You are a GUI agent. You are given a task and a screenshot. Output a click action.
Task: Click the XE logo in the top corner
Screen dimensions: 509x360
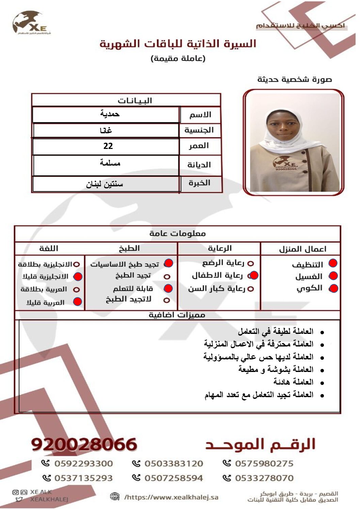tap(31, 23)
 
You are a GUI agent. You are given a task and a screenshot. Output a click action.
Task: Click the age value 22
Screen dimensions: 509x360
tap(108, 146)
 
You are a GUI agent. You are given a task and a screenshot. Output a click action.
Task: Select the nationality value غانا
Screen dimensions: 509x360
tap(106, 130)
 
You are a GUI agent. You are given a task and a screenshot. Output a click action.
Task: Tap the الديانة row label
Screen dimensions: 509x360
tap(199, 165)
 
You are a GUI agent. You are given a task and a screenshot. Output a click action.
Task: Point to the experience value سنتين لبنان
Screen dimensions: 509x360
tap(104, 184)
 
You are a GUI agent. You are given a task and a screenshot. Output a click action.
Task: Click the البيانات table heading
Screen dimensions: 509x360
tap(135, 101)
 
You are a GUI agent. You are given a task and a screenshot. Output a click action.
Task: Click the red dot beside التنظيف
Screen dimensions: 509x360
tap(333, 263)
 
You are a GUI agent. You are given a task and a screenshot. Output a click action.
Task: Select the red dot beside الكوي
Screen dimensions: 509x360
tap(333, 288)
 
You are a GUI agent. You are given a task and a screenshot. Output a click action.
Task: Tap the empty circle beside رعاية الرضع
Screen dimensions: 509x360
tap(251, 264)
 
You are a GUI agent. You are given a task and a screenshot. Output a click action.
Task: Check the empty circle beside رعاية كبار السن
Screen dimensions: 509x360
tap(251, 289)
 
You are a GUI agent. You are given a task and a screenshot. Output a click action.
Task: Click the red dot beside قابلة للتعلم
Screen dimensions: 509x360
tap(168, 289)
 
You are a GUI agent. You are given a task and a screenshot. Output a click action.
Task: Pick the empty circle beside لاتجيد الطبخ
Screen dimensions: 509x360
tap(166, 300)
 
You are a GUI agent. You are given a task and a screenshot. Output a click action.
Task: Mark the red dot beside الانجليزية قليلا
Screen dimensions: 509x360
tap(78, 277)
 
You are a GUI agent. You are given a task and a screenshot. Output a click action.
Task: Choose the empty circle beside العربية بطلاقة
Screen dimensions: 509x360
tap(77, 290)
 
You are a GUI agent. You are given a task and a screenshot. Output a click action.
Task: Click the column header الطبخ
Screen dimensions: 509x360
tap(129, 249)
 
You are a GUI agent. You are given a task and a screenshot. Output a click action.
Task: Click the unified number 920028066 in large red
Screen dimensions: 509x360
tap(84, 444)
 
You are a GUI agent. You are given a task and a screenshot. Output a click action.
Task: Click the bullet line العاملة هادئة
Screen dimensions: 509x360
tap(293, 382)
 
